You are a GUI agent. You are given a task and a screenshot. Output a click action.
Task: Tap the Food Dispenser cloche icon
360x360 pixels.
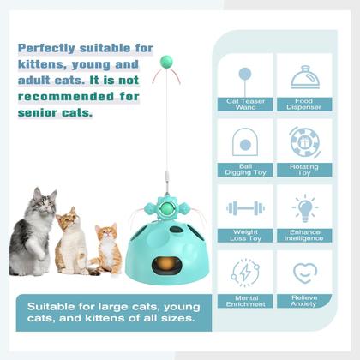(306, 78)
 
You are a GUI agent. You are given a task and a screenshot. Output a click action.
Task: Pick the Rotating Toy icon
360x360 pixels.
(305, 141)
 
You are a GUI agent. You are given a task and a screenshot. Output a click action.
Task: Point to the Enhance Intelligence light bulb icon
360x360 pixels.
(305, 207)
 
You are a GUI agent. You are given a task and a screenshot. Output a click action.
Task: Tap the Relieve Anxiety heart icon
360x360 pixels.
(305, 273)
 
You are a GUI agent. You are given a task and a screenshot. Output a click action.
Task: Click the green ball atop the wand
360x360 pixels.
(168, 63)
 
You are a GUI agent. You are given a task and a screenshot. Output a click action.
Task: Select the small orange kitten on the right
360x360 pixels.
(106, 249)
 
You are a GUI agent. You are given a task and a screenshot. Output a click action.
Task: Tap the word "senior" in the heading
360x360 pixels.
(41, 111)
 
